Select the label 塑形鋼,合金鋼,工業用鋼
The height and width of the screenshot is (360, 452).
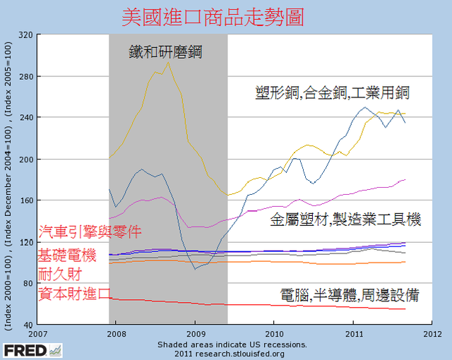333,92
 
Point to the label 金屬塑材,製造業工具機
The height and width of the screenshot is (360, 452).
345,220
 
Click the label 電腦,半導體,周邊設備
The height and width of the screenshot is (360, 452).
350,295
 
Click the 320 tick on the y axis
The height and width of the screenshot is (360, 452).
25,35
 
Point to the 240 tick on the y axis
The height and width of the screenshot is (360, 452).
25,118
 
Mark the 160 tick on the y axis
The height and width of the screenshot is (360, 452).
25,200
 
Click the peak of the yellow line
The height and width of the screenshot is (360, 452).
167,63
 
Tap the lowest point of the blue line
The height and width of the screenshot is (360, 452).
196,269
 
